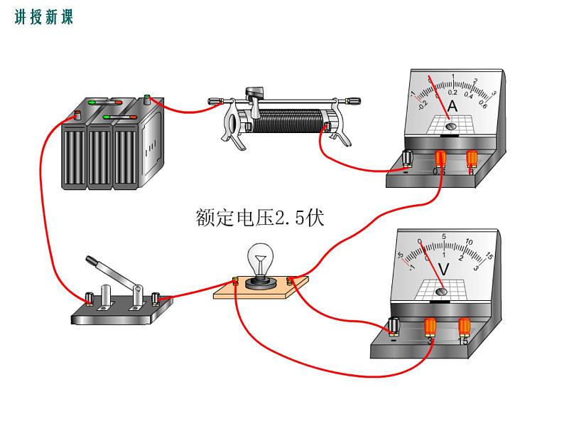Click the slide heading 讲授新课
point(43,18)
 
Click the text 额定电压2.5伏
point(259,218)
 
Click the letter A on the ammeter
point(452,107)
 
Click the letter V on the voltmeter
point(444,269)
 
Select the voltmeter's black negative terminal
point(394,327)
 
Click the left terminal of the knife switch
point(90,297)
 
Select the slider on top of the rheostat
point(254,93)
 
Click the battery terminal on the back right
point(147,99)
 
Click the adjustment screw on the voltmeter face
point(441,290)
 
